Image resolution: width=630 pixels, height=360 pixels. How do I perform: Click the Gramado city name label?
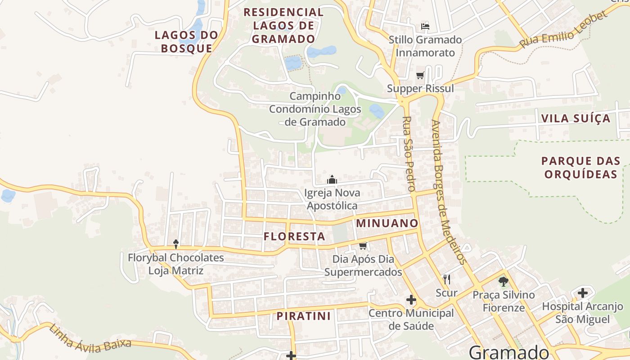(509, 351)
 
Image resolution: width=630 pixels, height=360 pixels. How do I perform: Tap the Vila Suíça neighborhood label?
(576, 119)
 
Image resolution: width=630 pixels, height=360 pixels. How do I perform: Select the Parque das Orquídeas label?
(580, 167)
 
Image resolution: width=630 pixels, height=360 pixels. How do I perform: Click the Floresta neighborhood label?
(294, 236)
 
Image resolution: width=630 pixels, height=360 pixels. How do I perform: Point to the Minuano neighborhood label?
(387, 223)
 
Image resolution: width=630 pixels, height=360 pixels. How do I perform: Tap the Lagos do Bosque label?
(186, 41)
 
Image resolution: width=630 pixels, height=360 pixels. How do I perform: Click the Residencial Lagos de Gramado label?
(283, 25)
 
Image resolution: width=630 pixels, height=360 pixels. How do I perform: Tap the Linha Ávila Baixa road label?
(90, 337)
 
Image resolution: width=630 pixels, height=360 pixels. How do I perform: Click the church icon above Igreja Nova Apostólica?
(332, 180)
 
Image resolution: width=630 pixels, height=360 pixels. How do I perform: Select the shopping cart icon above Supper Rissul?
(420, 75)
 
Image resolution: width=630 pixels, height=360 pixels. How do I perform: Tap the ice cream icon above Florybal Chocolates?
(176, 244)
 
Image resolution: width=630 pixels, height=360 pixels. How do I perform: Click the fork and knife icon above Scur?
(447, 279)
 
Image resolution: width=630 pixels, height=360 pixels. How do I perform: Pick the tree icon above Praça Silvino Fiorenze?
(503, 282)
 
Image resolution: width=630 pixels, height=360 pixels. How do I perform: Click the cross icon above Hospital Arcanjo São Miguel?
(583, 293)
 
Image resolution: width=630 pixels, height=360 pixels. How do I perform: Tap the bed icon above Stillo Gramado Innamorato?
(425, 26)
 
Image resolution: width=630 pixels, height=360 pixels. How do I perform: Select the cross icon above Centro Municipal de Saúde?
(411, 300)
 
